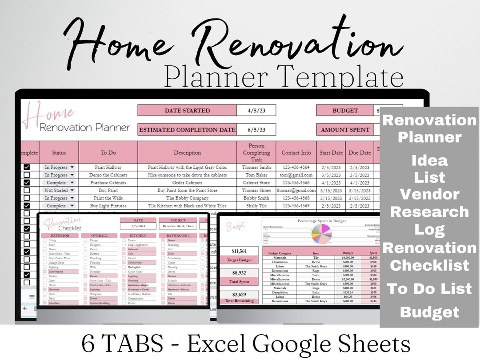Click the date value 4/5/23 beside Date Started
(x=256, y=111)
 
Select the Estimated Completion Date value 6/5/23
(x=256, y=130)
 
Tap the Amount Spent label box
(x=345, y=130)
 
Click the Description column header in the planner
(x=187, y=152)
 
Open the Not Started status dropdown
(x=58, y=190)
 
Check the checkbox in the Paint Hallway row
(x=27, y=168)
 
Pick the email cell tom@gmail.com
(x=296, y=175)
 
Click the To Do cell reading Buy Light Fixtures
(x=108, y=206)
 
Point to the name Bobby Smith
(x=256, y=198)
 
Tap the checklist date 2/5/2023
(x=138, y=226)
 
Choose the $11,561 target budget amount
(x=239, y=251)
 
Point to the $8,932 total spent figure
(x=239, y=273)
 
